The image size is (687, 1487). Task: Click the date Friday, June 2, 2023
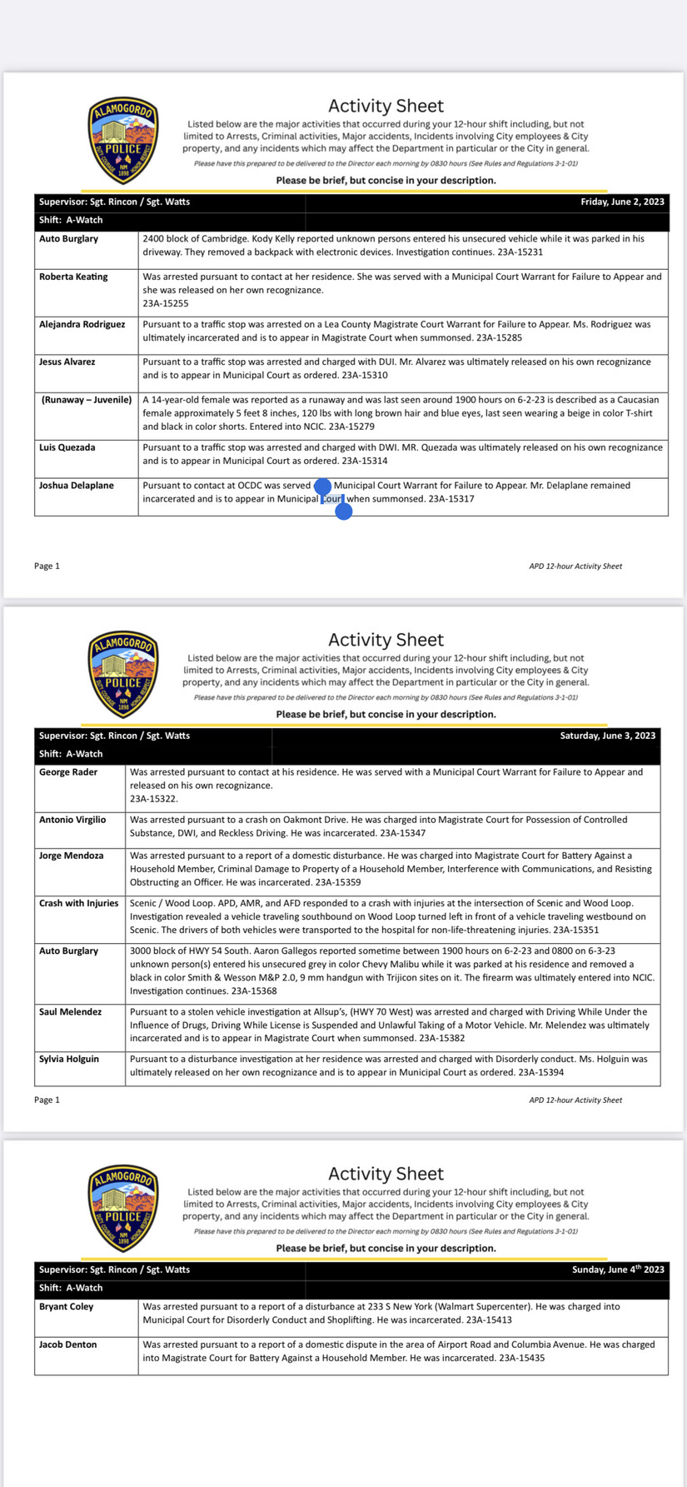point(622,202)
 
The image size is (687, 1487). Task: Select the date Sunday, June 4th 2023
point(618,1270)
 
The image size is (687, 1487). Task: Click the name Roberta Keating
point(73,277)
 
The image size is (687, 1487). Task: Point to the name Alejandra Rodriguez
point(82,324)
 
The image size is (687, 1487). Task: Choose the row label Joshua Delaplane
point(76,485)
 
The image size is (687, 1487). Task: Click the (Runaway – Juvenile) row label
point(87,400)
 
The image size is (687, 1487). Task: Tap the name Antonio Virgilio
point(72,820)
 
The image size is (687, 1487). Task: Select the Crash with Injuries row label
point(78,903)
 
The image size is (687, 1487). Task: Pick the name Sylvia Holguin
point(69,1059)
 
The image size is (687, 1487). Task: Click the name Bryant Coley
point(66,1306)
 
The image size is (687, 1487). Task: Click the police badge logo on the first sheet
point(123,140)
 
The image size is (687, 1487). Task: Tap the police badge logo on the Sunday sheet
point(123,1208)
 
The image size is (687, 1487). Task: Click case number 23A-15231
point(520,252)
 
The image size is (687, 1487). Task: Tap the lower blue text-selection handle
point(343,511)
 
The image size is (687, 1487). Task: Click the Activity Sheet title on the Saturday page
point(386,640)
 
